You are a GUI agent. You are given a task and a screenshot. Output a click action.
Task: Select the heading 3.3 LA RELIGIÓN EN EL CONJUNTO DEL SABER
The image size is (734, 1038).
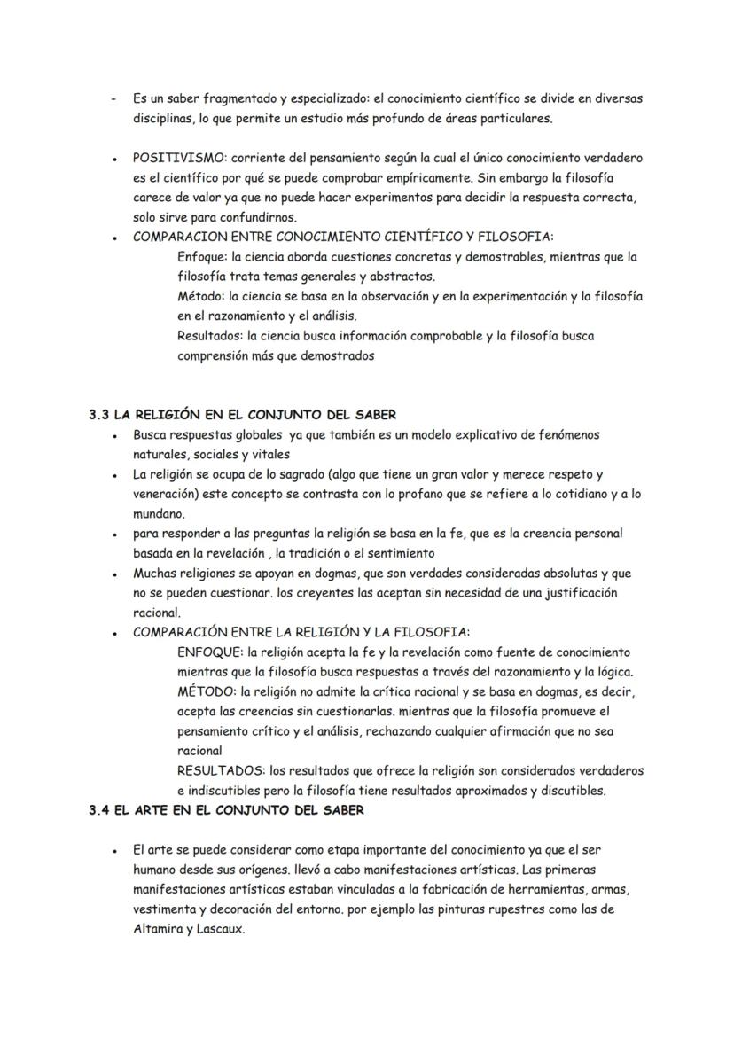pos(242,414)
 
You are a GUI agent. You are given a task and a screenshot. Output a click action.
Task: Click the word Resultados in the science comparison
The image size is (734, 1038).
pos(210,336)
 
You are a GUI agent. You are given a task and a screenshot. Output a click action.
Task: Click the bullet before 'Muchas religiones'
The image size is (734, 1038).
pos(116,574)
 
